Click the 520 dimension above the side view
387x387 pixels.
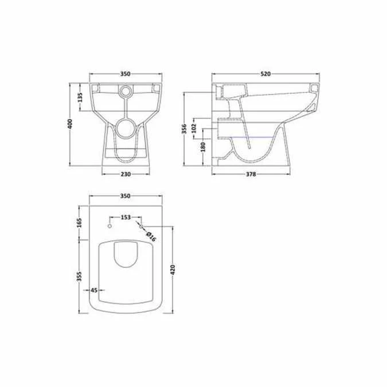(265, 74)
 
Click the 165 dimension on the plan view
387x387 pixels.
(80, 222)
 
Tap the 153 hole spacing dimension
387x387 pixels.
(126, 217)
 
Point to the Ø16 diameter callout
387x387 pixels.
(150, 234)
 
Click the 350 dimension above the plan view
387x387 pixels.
(126, 196)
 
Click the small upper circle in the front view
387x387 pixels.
(126, 91)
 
